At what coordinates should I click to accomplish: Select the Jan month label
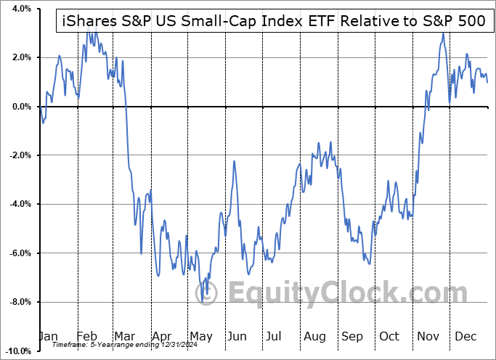[x=47, y=337]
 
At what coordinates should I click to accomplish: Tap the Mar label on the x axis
[x=124, y=337]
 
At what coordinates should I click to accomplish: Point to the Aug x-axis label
[x=315, y=337]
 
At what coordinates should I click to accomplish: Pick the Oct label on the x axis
[x=390, y=337]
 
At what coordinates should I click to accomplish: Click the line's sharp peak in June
[x=235, y=161]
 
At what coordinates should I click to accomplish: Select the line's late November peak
[x=442, y=33]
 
